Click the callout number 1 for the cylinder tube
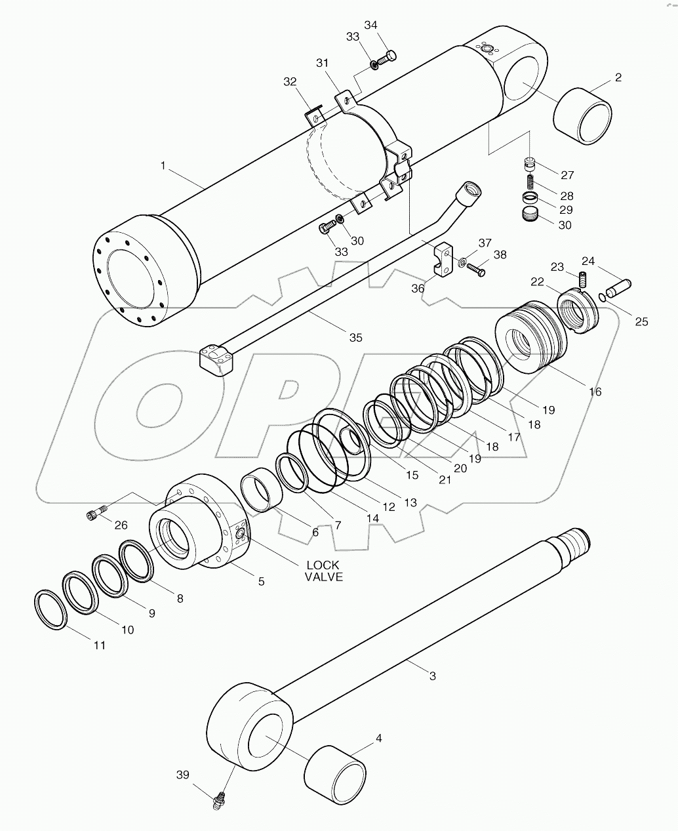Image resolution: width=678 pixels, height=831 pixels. pos(163,166)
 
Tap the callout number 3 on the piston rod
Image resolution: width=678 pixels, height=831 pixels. pos(432,676)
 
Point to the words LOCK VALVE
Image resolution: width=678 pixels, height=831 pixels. pos(323,571)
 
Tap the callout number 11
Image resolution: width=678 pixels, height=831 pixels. pos(99,645)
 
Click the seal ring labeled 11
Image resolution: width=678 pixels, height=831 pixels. pos(50,610)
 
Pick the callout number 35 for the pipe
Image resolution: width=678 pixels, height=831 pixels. pos(355,338)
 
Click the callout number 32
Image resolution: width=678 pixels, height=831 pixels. pos(290,82)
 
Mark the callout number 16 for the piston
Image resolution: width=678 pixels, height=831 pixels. pos(595,392)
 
